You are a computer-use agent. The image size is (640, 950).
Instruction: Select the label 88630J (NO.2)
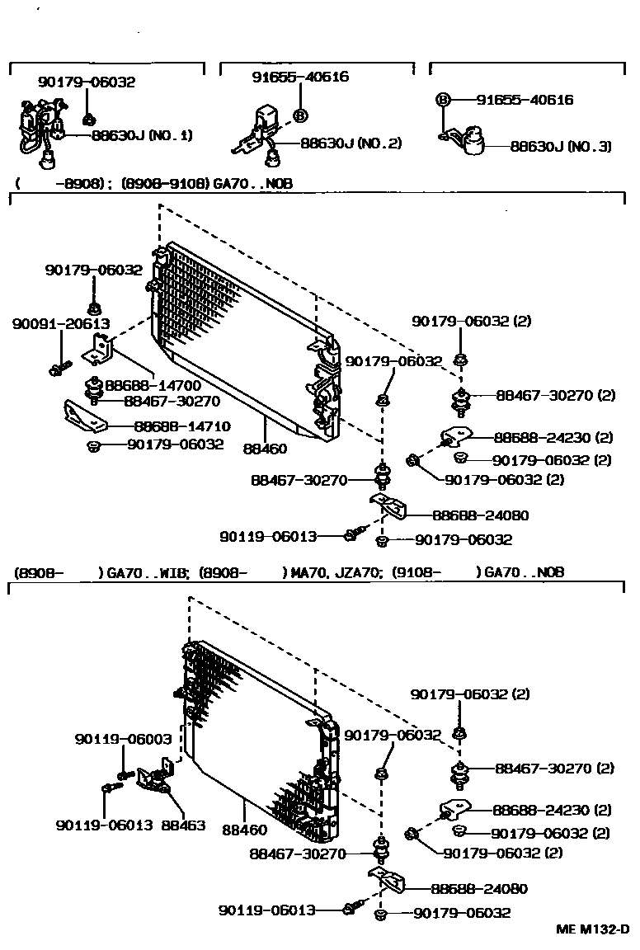click(x=351, y=143)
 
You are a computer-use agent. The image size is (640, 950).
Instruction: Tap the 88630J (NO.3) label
click(x=561, y=146)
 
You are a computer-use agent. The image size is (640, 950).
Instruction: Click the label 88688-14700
click(x=153, y=384)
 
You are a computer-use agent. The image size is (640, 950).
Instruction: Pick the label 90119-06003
click(x=124, y=739)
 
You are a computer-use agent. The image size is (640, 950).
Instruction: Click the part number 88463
click(x=183, y=824)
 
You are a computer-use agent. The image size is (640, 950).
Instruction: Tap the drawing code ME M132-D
click(x=591, y=929)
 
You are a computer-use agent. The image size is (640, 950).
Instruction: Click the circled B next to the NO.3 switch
click(x=443, y=100)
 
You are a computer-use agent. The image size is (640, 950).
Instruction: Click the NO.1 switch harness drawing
click(x=37, y=130)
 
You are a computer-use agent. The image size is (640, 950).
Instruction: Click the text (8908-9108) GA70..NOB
click(x=206, y=183)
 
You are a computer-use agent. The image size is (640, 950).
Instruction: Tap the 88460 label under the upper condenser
click(x=265, y=449)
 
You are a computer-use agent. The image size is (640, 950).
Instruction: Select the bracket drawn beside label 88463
click(x=155, y=778)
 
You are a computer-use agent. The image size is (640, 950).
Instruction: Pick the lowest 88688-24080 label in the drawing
click(x=478, y=889)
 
